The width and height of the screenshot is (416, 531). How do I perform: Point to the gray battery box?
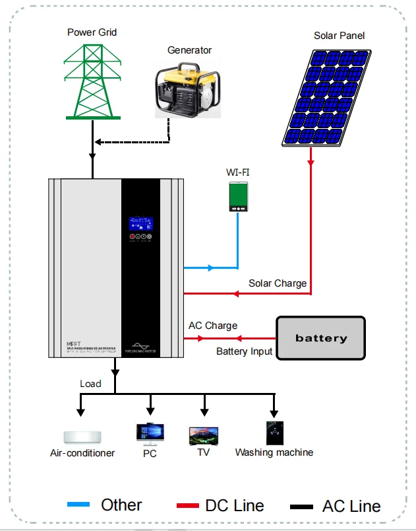320,338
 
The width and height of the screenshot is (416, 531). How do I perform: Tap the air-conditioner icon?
82,437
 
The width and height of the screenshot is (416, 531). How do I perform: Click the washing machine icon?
274,433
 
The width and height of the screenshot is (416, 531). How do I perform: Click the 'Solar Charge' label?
277,283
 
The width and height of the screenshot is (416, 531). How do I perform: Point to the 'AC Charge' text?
212,326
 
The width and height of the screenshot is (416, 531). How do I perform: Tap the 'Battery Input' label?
244,351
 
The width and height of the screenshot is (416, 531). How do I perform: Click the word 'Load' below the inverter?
90,384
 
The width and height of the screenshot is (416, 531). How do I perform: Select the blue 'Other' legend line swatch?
79,505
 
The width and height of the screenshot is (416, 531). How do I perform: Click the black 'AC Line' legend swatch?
301,507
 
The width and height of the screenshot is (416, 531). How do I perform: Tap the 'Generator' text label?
190,50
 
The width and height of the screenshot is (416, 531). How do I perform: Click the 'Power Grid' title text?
93,32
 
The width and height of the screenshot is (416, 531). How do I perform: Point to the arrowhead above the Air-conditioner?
81,412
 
